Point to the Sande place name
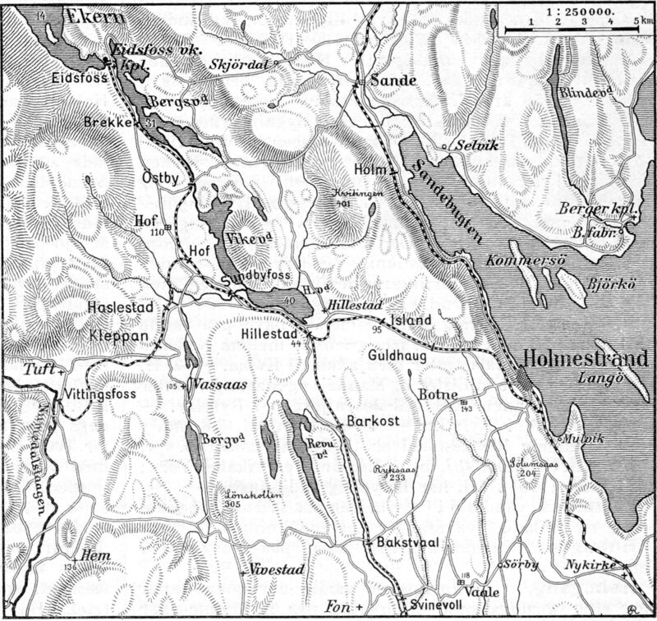click(389, 80)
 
